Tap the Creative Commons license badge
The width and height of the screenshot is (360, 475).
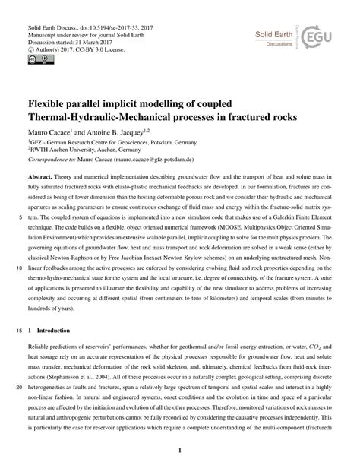click(x=36, y=56)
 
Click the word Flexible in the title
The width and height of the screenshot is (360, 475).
click(x=49, y=103)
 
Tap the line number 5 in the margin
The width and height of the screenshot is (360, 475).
click(x=14, y=236)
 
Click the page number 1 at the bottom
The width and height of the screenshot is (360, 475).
click(x=179, y=452)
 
